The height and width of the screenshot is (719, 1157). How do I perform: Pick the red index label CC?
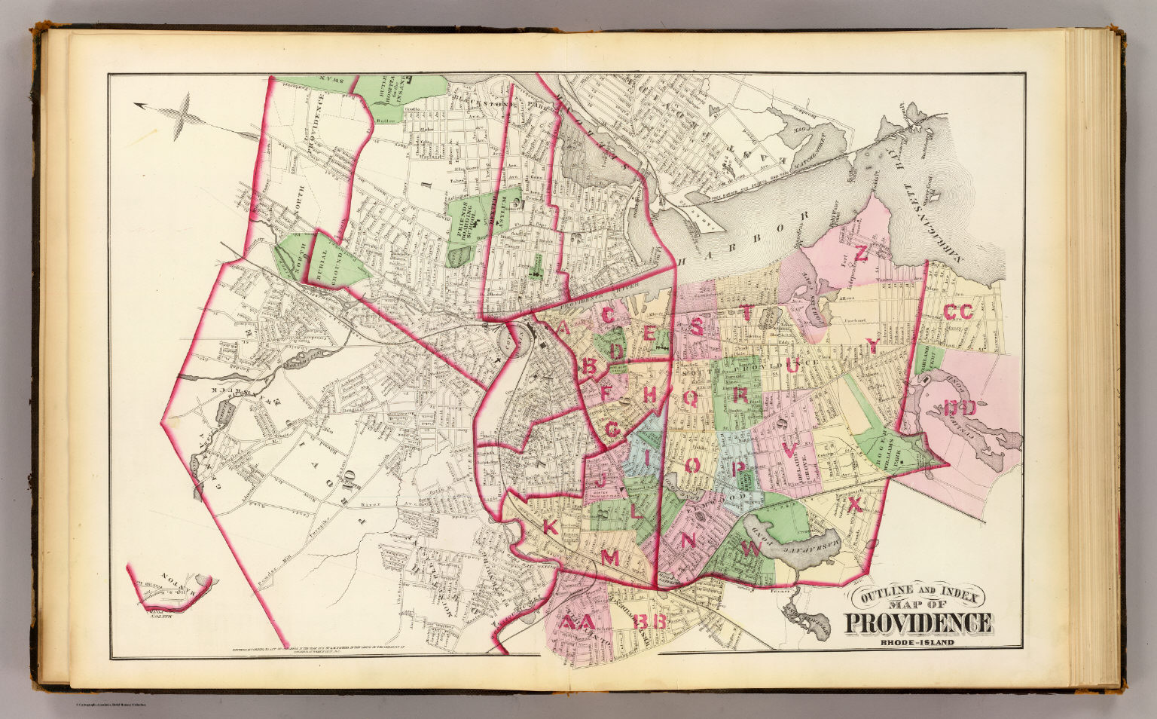[x=958, y=312]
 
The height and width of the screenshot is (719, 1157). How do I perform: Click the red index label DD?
[x=960, y=409]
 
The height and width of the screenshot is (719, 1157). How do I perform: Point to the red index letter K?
[x=551, y=529]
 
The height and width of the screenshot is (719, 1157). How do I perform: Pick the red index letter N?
[x=687, y=540]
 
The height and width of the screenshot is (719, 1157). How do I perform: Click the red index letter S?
[x=698, y=326]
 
